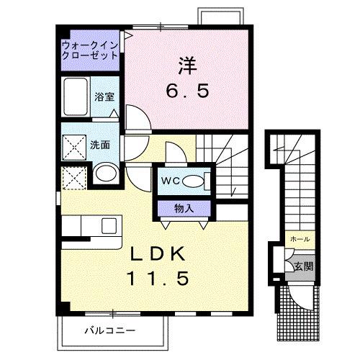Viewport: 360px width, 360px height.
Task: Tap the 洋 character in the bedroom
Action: (187, 66)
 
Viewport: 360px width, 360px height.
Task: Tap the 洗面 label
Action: (99, 144)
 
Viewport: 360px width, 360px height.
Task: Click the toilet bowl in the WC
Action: (194, 181)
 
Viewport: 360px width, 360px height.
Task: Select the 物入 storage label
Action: (183, 207)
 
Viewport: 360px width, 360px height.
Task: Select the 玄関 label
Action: (302, 266)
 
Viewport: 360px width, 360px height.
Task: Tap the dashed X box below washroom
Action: (73, 177)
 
